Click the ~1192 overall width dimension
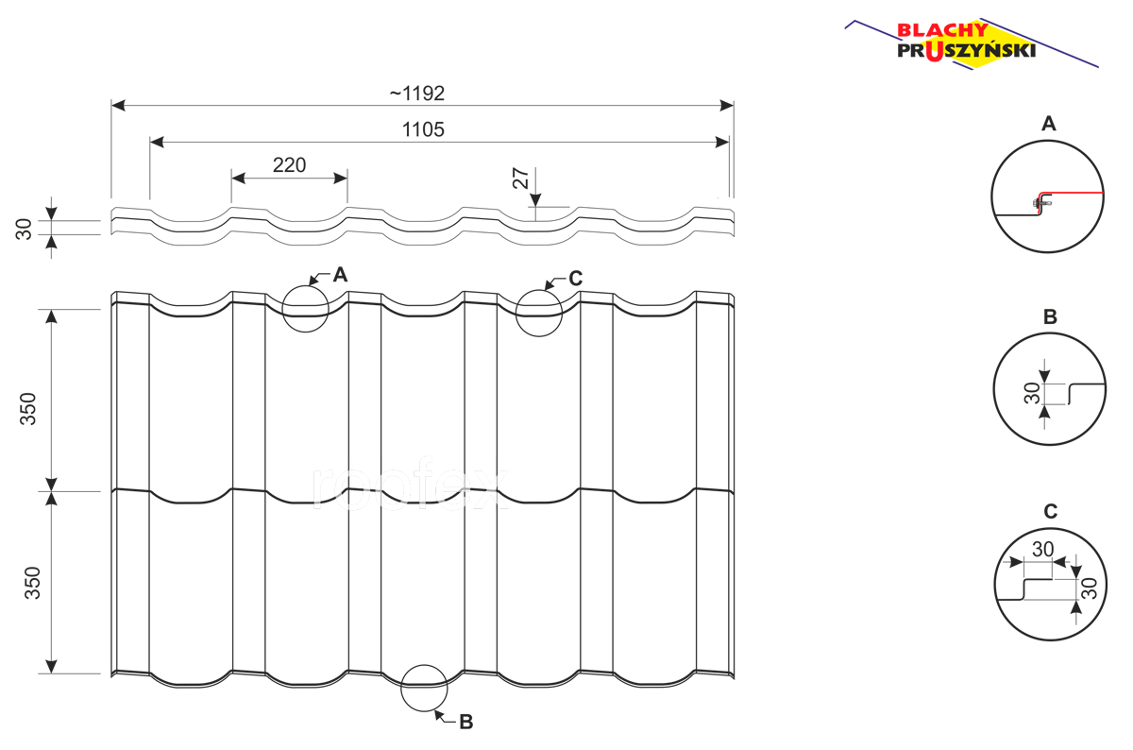point(416,94)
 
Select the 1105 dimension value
point(423,130)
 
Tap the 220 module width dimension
point(289,165)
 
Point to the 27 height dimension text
point(520,179)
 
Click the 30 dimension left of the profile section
point(24,229)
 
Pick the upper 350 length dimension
point(28,409)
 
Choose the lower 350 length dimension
point(32,583)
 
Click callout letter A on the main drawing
point(341,275)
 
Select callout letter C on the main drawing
point(576,279)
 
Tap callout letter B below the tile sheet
point(466,723)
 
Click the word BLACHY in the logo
point(942,30)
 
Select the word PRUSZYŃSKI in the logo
point(967,51)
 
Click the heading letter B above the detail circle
point(1050,316)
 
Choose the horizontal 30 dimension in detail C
point(1042,549)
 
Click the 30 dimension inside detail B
point(1032,393)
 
